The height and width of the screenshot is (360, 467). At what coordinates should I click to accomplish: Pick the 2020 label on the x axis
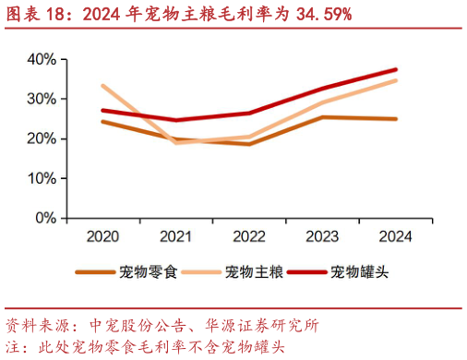tap(102, 236)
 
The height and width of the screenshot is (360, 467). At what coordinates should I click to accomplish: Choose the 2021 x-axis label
tap(175, 236)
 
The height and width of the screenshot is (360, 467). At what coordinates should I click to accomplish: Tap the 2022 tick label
tap(248, 236)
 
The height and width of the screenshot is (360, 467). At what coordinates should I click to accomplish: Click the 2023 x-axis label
tap(322, 236)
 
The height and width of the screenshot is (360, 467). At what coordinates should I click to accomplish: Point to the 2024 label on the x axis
tap(395, 236)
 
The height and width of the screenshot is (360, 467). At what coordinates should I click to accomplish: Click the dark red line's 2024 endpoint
tap(396, 69)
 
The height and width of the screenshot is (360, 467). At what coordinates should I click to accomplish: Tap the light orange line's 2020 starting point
tap(102, 86)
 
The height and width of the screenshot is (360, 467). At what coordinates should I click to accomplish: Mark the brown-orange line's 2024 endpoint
tap(396, 119)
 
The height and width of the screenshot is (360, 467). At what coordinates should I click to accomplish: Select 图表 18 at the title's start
tap(31, 14)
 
